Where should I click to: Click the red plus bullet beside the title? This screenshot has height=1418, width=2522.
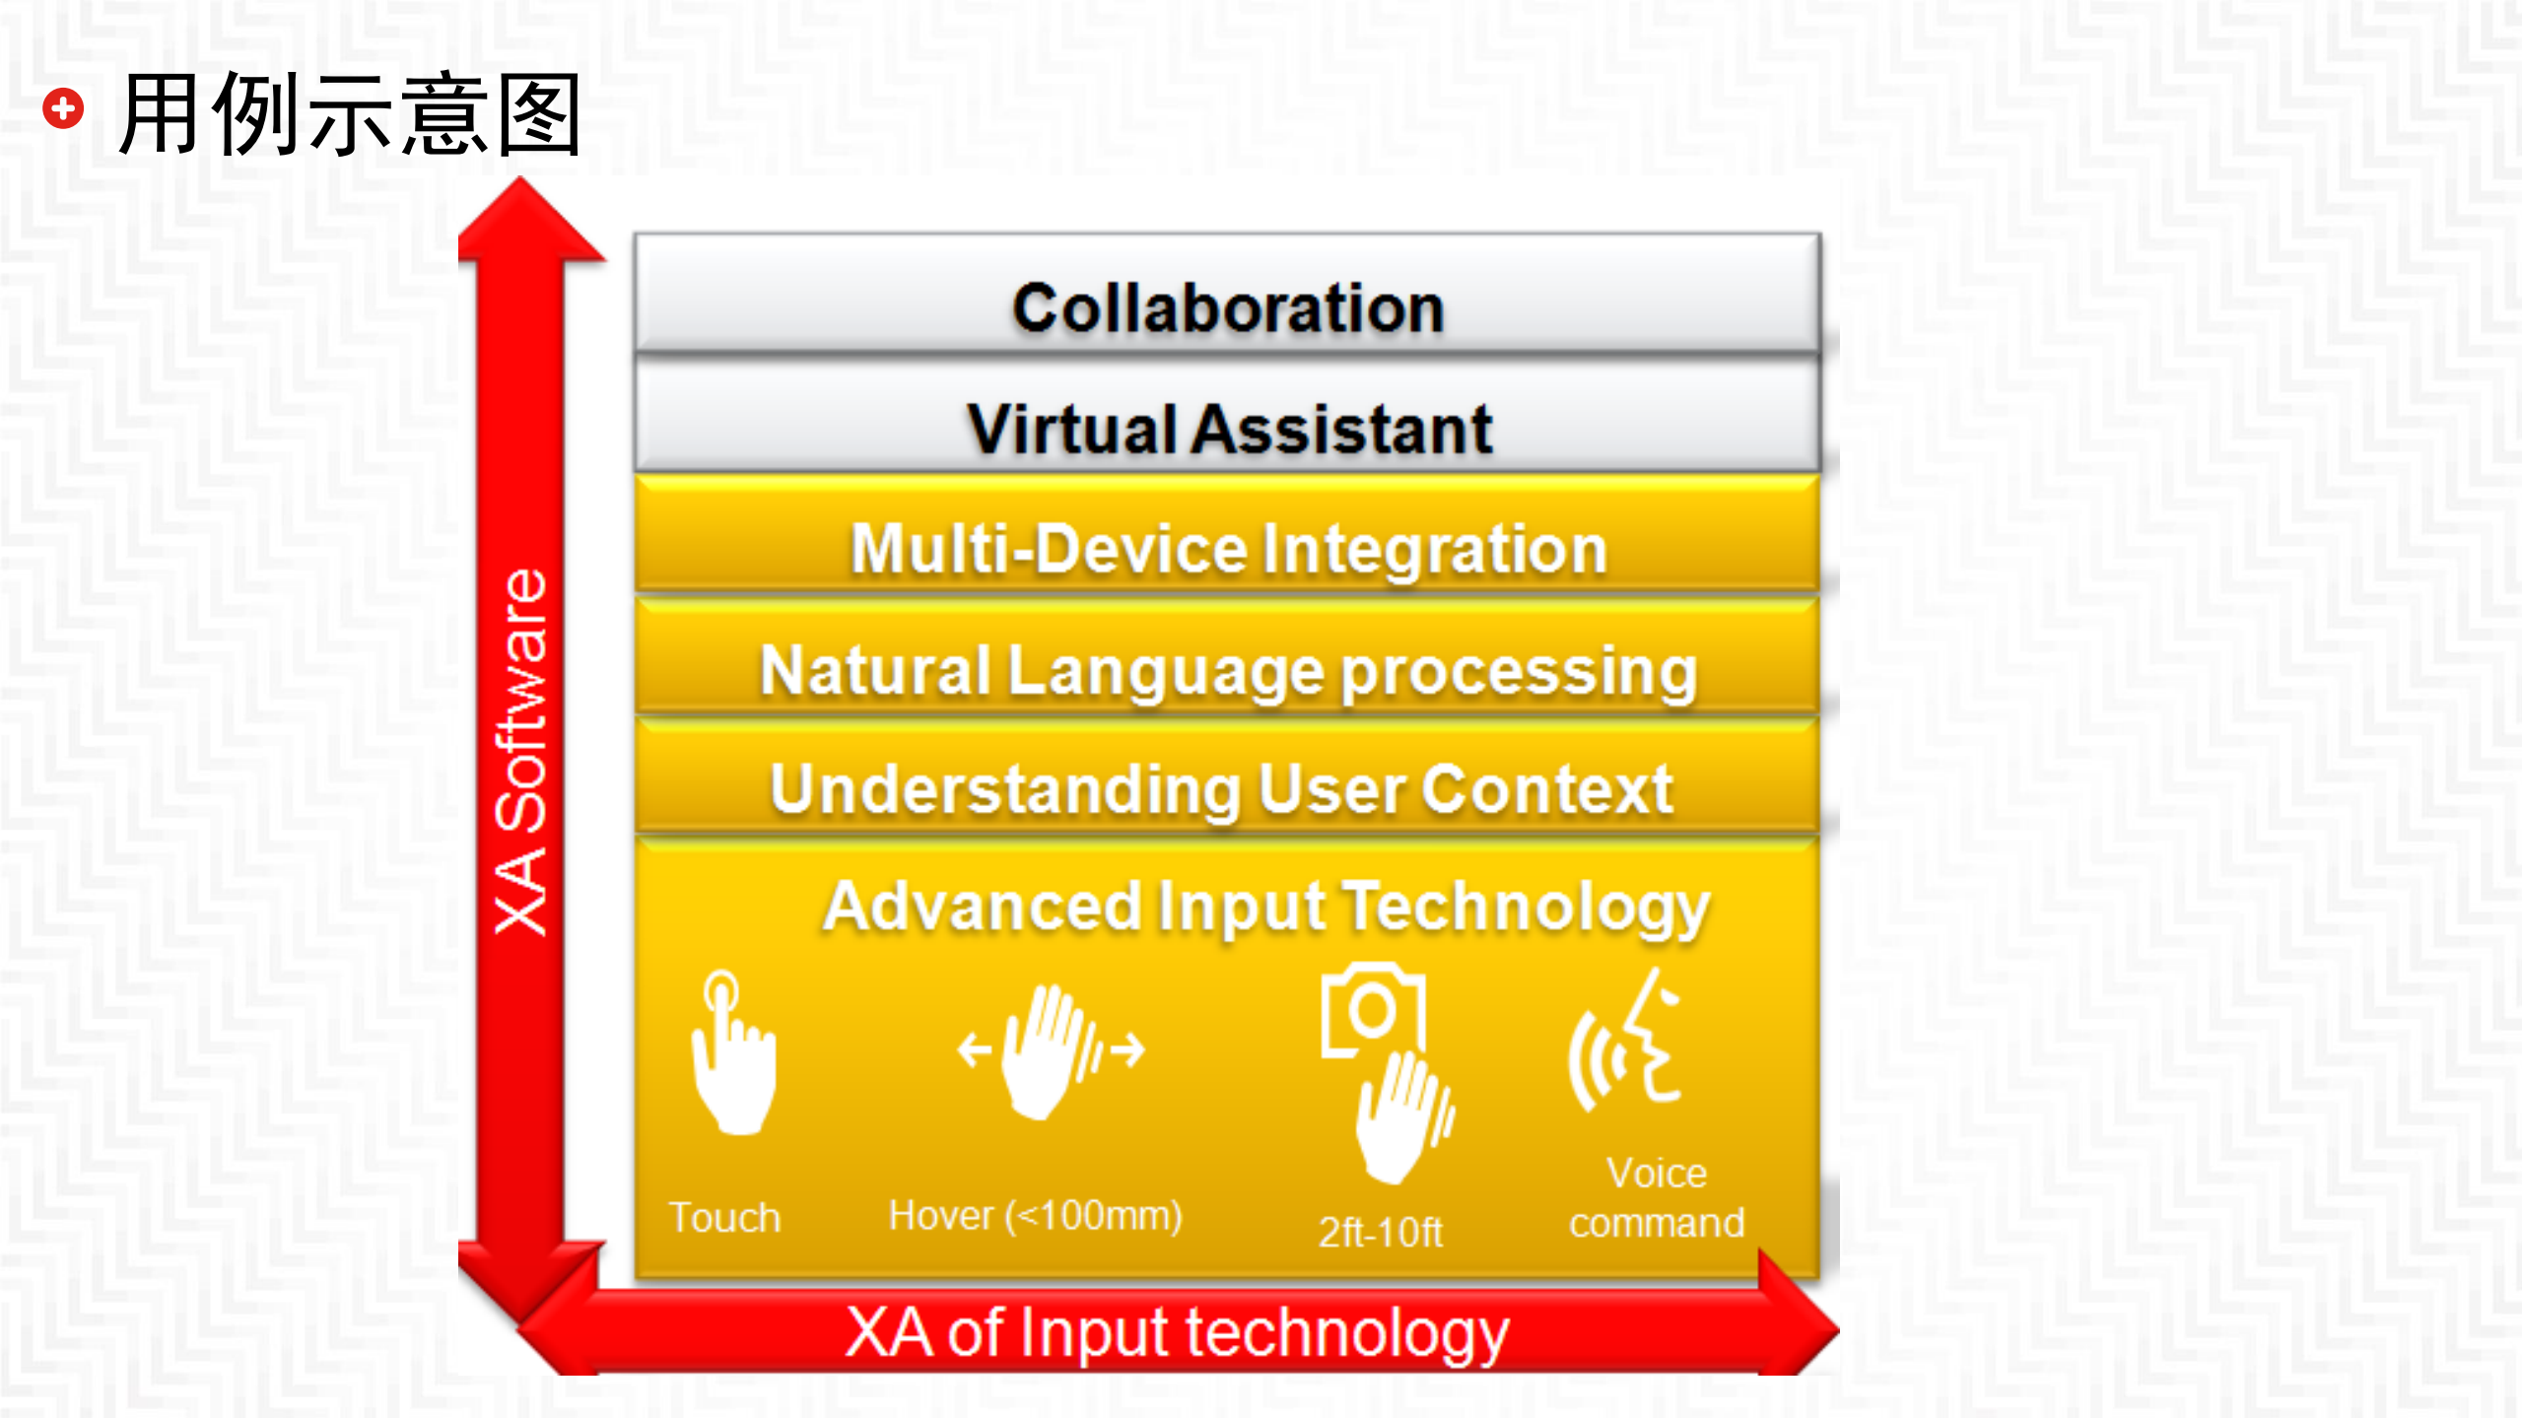63,108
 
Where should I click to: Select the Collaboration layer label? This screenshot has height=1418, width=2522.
1228,308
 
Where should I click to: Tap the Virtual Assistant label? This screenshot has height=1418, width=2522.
1229,430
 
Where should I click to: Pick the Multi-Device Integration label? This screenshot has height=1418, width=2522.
1229,549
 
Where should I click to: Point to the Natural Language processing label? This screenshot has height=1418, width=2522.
1229,672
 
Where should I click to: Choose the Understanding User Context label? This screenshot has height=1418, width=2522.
1222,790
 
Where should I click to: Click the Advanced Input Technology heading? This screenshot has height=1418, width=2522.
1266,908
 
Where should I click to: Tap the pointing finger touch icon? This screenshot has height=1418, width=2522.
733,1052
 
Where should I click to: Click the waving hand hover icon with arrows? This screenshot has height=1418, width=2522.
1051,1050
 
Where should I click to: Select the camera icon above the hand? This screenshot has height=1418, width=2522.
1373,1009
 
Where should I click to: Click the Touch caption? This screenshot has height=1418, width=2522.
724,1218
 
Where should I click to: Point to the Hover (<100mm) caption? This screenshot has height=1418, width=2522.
1035,1216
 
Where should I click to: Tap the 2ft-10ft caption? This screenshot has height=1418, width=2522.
1381,1232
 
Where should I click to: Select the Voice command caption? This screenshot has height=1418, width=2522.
1657,1198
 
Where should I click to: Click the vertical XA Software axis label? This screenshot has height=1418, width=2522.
520,752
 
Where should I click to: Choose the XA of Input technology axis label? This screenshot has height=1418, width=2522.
1177,1333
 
